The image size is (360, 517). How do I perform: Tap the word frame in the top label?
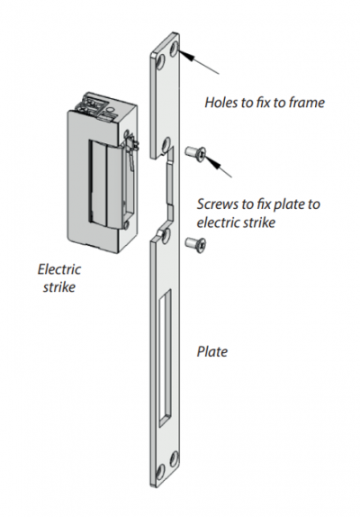pos(307,103)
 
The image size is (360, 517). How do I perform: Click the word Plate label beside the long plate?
pos(212,351)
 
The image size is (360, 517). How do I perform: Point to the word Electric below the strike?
pos(59,269)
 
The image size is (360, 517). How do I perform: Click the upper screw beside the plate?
pos(195,152)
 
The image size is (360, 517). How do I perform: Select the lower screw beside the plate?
pos(195,245)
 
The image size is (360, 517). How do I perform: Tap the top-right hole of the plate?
pos(174,48)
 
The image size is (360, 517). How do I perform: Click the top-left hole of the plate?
pos(160,63)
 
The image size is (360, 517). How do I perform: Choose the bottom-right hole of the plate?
pos(174,458)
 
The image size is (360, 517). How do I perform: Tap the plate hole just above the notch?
pos(166,143)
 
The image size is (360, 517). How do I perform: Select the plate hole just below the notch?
pos(166,235)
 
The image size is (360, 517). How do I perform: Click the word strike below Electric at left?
pos(59,286)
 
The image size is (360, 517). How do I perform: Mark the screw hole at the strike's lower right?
pos(125,226)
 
